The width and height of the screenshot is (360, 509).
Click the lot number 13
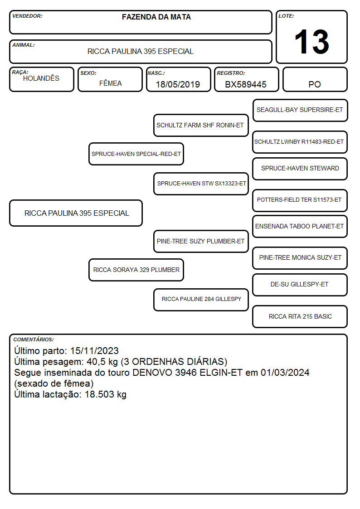point(311,42)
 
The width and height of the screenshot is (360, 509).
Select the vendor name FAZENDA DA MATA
point(156,17)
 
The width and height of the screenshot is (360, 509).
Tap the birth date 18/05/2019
point(178,84)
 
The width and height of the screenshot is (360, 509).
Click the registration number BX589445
point(246,84)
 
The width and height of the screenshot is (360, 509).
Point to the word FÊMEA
point(110,83)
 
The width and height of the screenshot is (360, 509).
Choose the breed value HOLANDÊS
point(41,78)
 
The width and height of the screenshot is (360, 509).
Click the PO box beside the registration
point(315,79)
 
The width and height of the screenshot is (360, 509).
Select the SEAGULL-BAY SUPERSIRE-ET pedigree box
point(300,111)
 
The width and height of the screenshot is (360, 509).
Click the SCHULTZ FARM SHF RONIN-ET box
point(201,125)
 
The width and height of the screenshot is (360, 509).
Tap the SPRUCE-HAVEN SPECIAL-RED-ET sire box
point(136,154)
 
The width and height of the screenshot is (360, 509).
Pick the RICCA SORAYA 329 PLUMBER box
point(136,270)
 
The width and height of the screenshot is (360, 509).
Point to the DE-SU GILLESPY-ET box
point(300,285)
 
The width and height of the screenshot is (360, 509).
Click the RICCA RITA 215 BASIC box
point(300,316)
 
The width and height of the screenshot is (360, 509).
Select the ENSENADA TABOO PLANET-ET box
point(300,227)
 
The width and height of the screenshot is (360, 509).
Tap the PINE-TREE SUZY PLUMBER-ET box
point(201,241)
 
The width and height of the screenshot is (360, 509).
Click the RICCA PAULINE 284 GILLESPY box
point(201,300)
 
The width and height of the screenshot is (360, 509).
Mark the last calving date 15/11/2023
point(94,350)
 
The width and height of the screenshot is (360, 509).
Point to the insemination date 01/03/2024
point(285,372)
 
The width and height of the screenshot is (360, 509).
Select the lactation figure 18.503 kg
point(106,394)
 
